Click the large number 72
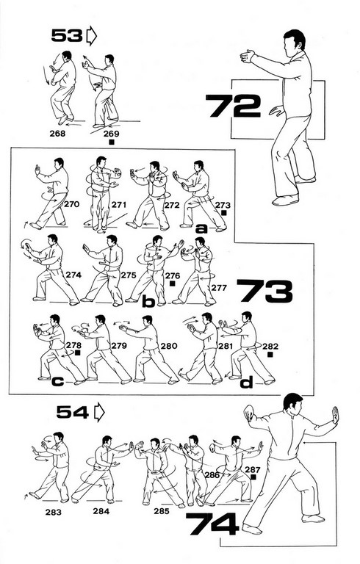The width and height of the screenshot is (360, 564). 233,106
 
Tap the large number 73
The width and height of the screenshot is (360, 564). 264,291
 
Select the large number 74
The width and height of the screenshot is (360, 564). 212,524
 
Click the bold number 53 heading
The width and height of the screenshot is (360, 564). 67,35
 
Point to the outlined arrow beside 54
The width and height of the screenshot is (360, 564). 99,413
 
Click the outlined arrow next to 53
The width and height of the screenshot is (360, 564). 92,36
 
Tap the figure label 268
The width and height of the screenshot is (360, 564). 57,134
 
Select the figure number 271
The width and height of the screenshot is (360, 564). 119,205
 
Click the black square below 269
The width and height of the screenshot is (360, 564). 112,142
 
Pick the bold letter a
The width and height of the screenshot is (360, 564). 201,228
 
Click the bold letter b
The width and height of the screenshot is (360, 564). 148,302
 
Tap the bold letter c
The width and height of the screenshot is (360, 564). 57,381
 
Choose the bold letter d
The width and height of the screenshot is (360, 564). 247,382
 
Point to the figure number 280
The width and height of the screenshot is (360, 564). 169,346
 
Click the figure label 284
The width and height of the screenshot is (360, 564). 101,511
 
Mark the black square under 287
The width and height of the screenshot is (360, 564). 253,477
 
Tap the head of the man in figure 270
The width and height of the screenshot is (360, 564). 58,164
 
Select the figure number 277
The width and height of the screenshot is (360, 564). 219,288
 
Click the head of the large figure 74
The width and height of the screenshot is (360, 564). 292,404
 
